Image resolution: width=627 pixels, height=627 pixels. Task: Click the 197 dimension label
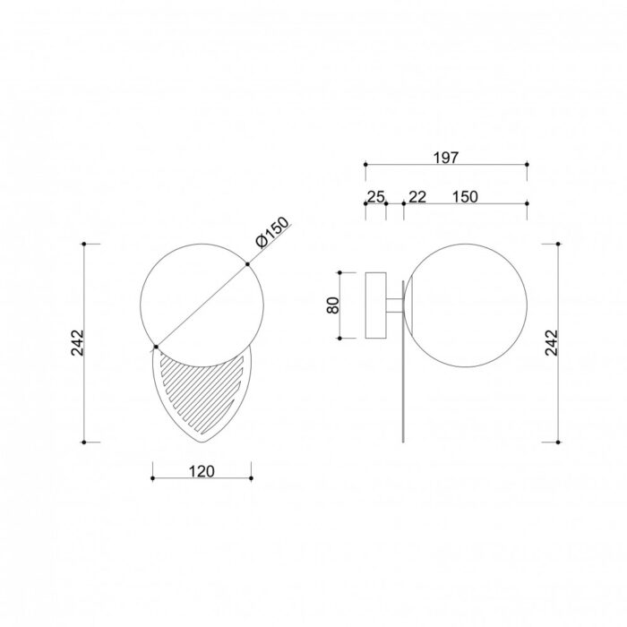[x=445, y=158]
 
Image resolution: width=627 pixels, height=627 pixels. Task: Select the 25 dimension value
[x=375, y=196]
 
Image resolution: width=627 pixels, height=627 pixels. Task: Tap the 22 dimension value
[x=417, y=196]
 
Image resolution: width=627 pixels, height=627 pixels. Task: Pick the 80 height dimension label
[x=333, y=305]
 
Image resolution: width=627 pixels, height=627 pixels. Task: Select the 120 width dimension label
[x=202, y=471]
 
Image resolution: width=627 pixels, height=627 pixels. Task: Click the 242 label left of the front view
[x=76, y=342]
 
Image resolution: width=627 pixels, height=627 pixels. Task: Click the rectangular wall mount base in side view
[x=374, y=305]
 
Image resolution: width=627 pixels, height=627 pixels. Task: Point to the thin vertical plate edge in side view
[x=404, y=403]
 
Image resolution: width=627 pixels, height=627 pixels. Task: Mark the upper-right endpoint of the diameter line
[x=248, y=263]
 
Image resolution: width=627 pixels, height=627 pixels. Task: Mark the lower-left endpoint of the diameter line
[x=157, y=346]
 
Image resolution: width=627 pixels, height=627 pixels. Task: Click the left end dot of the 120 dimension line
[x=153, y=478]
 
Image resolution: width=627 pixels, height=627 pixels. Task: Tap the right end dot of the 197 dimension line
[x=527, y=165]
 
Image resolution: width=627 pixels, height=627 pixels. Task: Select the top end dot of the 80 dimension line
[x=341, y=271]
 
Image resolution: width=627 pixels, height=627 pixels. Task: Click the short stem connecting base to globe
[x=394, y=305]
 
